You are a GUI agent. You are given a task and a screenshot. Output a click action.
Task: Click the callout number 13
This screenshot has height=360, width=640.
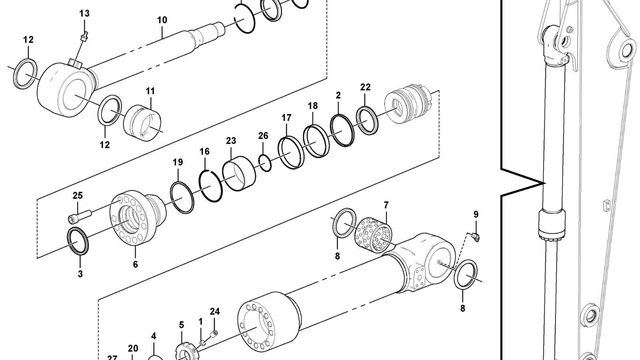pos(84,14)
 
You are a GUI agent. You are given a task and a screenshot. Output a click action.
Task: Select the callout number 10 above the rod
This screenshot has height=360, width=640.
pos(162,20)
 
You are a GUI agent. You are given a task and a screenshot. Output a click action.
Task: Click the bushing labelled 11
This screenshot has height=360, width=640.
pos(142,122)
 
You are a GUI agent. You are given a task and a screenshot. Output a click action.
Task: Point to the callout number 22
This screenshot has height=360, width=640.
pos(365,87)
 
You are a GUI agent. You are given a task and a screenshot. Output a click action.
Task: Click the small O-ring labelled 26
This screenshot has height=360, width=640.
pos(264,163)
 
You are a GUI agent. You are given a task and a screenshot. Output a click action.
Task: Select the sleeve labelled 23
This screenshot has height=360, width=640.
pos(239,173)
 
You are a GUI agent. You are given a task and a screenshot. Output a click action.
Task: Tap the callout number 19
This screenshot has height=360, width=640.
pos(178,162)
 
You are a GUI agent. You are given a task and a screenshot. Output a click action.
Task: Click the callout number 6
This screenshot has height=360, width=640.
pos(135,264)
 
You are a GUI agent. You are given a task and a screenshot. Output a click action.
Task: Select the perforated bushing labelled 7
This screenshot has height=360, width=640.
pos(374,235)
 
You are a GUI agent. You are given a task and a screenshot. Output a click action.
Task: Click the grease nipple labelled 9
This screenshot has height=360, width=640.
pos(475,237)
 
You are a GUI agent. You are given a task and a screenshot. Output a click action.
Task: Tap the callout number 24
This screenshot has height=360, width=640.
pos(215,312)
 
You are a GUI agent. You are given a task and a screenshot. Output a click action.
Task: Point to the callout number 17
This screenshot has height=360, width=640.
pos(286,118)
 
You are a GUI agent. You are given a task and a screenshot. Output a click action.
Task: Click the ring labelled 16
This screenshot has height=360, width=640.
pos(211,186)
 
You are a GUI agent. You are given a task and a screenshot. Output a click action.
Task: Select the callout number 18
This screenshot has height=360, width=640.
pos(313,106)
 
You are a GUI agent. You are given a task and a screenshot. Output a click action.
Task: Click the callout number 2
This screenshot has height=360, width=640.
pos(338,96)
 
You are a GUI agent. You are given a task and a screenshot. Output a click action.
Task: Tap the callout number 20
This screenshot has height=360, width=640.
pos(133,349)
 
